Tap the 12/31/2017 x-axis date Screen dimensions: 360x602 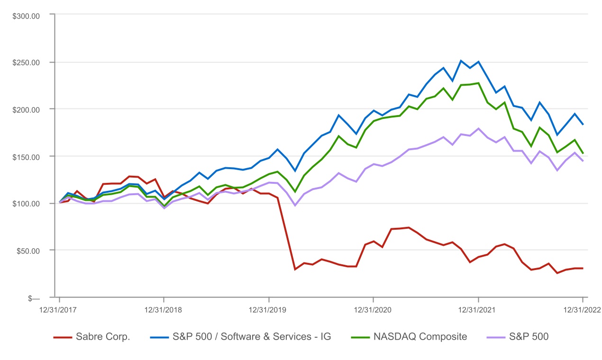pyautogui.click(x=59, y=310)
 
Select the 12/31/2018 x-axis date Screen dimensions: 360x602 pyautogui.click(x=164, y=310)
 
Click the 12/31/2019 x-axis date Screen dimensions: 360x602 pyautogui.click(x=269, y=310)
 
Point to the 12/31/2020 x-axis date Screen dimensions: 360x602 pyautogui.click(x=374, y=310)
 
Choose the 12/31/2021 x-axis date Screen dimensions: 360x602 pyautogui.click(x=478, y=310)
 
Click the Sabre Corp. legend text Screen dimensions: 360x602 pyautogui.click(x=103, y=337)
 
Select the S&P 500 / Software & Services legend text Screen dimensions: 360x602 pyautogui.click(x=251, y=337)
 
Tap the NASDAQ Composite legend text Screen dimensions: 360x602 pyautogui.click(x=420, y=337)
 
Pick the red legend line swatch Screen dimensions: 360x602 pyautogui.click(x=63, y=337)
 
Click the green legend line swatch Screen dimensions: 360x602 pyautogui.click(x=360, y=337)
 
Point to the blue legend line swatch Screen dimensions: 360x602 pyautogui.click(x=159, y=337)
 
